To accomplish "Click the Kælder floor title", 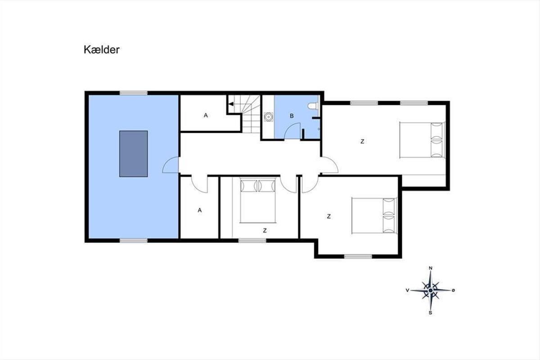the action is coord(102,49).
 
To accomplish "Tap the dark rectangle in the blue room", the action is coord(134,154).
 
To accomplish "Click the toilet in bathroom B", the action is coord(313,106).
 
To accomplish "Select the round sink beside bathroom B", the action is coord(268,117).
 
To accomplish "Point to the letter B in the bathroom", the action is coord(292,116).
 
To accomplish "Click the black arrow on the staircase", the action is coord(231,104).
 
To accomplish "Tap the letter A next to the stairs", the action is coord(206,116).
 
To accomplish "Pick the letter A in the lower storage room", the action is coord(200,210).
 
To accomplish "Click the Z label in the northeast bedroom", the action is coord(362,142).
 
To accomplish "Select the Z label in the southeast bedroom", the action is coord(328,216).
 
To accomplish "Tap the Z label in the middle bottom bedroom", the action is coord(265,230).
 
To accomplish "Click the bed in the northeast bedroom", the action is coord(422,140).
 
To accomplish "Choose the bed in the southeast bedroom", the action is coord(374,216).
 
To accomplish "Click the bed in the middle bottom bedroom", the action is coord(258,200).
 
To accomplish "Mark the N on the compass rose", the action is coord(431,268).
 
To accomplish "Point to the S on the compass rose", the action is coord(430,313).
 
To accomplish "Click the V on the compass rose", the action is coord(407,290).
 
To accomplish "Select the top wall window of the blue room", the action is coord(134,93).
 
